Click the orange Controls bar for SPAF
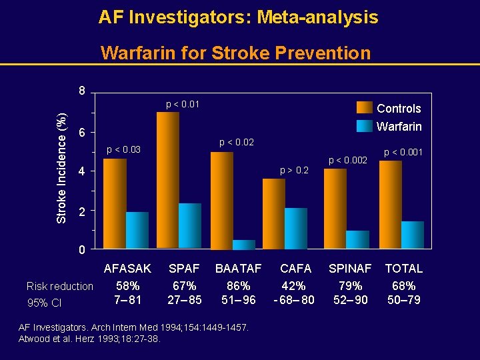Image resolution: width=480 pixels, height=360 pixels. [167, 180]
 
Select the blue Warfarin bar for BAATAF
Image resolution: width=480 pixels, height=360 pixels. [243, 245]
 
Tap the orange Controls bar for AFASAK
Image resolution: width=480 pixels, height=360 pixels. [114, 203]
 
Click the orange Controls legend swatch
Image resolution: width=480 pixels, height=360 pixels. [365, 108]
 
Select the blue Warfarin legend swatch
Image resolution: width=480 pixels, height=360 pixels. [365, 126]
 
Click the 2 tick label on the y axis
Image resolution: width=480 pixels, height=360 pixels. [81, 211]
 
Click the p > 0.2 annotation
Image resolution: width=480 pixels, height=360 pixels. [294, 170]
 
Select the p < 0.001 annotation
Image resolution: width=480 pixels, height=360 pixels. [402, 153]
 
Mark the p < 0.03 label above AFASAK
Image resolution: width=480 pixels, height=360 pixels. [125, 149]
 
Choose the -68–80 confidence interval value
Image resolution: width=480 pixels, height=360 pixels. [294, 300]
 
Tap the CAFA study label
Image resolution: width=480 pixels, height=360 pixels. [295, 268]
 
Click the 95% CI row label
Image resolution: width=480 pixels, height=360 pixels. [44, 304]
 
